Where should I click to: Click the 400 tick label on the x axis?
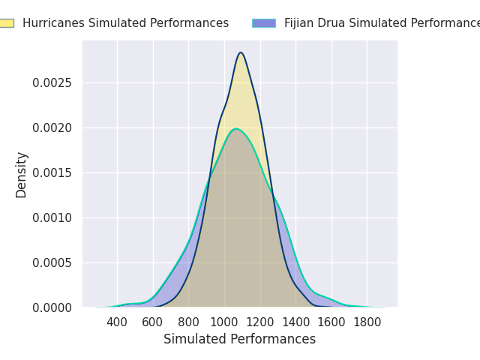click(117, 322)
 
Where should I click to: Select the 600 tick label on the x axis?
click(153, 322)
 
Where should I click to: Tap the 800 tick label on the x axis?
click(188, 322)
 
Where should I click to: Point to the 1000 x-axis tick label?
click(224, 322)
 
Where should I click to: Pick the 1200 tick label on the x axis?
click(259, 322)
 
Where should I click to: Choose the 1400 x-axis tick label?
click(295, 322)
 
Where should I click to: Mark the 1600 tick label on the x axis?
click(331, 322)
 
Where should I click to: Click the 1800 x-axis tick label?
click(367, 322)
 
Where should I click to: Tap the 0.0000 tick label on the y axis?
click(52, 308)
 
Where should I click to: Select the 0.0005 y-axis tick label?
click(52, 263)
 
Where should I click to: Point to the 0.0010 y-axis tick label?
click(52, 218)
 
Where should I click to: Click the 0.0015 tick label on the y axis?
click(52, 173)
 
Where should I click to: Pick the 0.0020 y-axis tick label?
click(52, 128)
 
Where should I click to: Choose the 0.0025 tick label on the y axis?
click(52, 83)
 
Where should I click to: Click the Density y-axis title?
click(22, 175)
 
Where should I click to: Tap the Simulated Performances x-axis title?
click(239, 340)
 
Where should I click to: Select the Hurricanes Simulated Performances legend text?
click(125, 23)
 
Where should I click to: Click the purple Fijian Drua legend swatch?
click(264, 23)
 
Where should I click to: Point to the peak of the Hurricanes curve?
click(241, 52)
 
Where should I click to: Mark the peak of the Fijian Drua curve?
click(235, 129)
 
